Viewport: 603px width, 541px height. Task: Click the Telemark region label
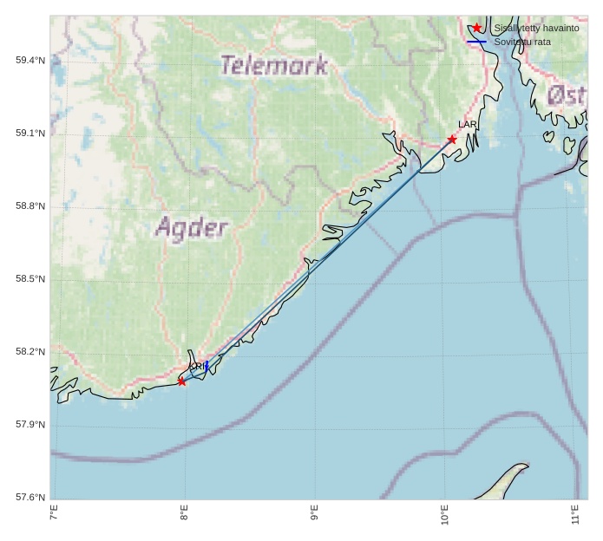(x=273, y=65)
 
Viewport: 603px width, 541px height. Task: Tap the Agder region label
(x=192, y=228)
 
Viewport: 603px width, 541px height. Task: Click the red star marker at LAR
(x=452, y=140)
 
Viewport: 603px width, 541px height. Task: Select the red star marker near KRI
(x=181, y=381)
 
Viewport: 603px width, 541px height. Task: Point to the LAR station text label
(x=468, y=125)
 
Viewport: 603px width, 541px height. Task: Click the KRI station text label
(x=196, y=367)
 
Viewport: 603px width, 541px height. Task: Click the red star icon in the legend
(x=476, y=28)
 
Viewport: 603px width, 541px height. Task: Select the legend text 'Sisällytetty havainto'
(x=536, y=28)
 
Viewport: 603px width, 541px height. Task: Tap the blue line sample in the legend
(x=476, y=42)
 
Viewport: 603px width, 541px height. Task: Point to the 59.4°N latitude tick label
(x=30, y=60)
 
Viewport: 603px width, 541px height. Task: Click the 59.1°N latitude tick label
(x=30, y=133)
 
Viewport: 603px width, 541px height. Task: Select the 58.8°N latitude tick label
(x=30, y=205)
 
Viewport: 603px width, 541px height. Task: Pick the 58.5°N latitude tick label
(x=30, y=278)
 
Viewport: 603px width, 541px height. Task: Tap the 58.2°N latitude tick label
(x=30, y=351)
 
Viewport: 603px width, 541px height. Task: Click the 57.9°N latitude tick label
(x=30, y=424)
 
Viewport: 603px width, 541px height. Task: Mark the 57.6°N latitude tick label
(x=30, y=497)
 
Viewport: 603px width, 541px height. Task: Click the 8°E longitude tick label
(x=184, y=514)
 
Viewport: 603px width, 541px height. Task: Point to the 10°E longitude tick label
(x=445, y=516)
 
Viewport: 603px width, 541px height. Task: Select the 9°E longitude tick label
(x=314, y=514)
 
